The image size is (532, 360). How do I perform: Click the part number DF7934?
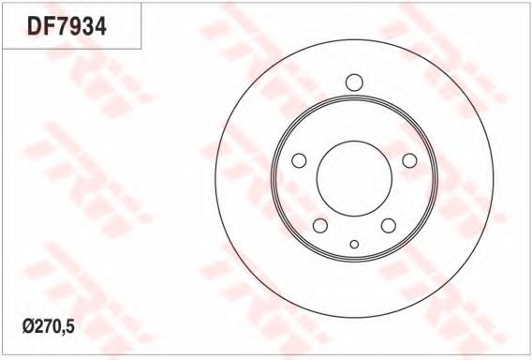coord(66,26)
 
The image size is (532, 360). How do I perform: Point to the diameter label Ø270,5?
coord(48,326)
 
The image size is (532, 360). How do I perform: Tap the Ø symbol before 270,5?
coord(28,326)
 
